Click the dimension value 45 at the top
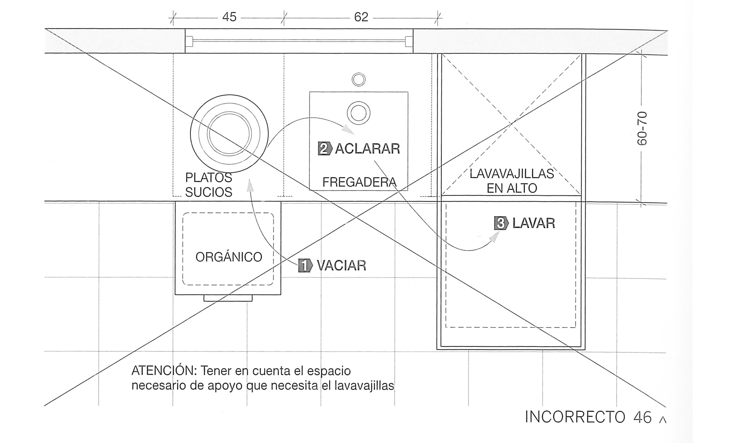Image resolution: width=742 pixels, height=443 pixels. point(229,17)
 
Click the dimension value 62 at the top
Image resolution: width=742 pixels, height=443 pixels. point(361,17)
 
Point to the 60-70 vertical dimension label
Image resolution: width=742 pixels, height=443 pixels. point(642,128)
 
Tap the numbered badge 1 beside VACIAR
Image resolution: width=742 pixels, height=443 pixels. point(305,265)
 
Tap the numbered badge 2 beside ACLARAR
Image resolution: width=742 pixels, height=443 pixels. point(325,148)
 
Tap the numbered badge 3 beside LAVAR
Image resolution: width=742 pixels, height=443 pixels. point(501,223)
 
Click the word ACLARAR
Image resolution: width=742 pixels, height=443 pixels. point(367,149)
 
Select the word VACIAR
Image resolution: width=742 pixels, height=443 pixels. point(341,265)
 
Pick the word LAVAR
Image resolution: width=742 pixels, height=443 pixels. point(534,223)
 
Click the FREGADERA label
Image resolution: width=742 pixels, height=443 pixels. point(359,182)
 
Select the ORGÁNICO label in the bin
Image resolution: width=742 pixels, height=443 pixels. point(229,256)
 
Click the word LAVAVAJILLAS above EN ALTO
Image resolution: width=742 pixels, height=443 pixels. point(512,174)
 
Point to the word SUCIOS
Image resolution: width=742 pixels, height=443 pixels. point(209,192)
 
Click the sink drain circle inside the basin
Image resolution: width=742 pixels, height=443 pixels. point(359,113)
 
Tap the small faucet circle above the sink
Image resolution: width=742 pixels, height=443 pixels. point(359,80)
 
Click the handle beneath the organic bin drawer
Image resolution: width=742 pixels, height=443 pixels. point(228,298)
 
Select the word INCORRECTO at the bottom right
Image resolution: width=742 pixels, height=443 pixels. point(575,417)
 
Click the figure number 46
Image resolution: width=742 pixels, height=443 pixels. point(642,417)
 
